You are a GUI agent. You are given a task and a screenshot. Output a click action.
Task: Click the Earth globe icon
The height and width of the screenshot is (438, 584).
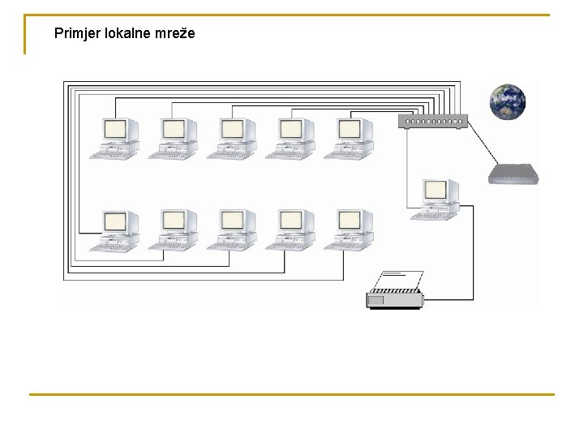(x=507, y=102)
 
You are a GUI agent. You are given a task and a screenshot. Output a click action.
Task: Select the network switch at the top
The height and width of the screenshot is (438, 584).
(x=432, y=122)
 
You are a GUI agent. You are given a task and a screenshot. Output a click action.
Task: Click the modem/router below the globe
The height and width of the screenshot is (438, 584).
(x=513, y=174)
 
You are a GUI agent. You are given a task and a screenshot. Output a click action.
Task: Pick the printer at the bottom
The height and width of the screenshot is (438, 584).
(x=396, y=297)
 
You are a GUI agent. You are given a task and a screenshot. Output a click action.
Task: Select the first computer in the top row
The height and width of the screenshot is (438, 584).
(x=115, y=138)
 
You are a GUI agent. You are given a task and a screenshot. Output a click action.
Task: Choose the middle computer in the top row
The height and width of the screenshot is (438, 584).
(x=232, y=138)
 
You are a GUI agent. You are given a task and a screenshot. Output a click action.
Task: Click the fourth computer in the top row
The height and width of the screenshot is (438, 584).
(x=290, y=138)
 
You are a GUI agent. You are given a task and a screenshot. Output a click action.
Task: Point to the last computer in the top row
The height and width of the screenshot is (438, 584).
(x=349, y=138)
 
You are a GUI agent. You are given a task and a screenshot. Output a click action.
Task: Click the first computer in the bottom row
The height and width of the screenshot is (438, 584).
(x=115, y=230)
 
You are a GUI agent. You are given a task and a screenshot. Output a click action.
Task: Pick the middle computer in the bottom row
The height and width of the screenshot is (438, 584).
(x=232, y=230)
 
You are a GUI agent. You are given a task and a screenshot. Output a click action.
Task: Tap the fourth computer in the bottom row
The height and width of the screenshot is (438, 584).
(x=290, y=230)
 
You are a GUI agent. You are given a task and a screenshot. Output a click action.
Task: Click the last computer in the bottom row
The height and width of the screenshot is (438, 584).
(x=349, y=230)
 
